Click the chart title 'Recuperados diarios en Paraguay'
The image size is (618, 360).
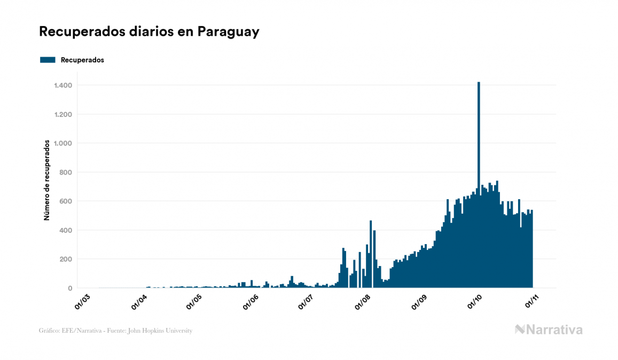coord(149,32)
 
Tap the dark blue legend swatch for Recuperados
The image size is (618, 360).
coord(48,60)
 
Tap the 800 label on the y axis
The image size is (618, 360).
coord(66,172)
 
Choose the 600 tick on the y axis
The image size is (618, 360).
coord(66,201)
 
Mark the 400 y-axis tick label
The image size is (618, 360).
coord(66,230)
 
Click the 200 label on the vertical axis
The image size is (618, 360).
coord(66,259)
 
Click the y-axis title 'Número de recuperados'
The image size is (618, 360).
coord(47,180)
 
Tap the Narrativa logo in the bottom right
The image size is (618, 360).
coord(549,330)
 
